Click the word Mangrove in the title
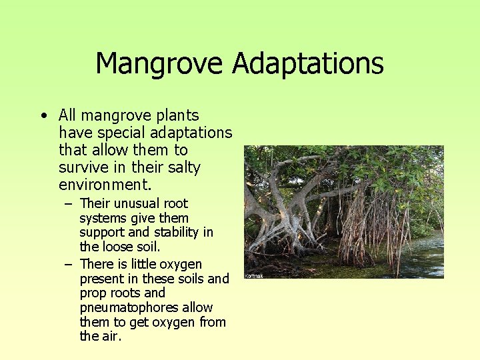point(159,64)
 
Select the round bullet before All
point(43,115)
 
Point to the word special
point(114,133)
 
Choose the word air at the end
point(111,337)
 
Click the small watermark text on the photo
point(254,275)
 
